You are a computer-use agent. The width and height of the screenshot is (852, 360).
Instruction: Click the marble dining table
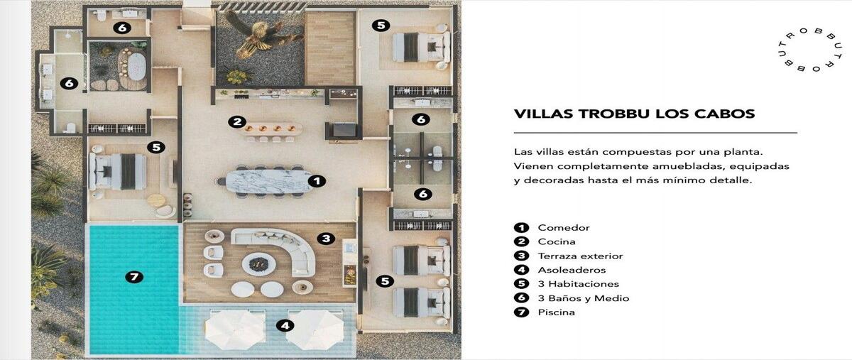[269, 181]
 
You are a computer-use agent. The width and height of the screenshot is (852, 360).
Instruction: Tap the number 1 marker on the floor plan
[317, 181]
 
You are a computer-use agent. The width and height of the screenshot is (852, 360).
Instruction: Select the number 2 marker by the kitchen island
[237, 122]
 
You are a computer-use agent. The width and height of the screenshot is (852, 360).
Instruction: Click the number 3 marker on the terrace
[326, 239]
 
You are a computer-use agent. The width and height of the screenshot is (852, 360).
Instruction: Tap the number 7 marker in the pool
[134, 277]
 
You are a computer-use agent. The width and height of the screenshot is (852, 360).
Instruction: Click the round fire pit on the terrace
[258, 263]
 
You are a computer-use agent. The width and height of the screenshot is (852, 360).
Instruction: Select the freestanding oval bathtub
[137, 66]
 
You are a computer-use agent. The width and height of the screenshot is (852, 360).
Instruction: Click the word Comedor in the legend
[564, 227]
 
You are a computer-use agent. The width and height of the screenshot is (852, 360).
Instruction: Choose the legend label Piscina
[556, 312]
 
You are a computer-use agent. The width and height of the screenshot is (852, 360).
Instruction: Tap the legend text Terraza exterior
[580, 256]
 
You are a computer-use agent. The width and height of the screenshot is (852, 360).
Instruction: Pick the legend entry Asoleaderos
[572, 271]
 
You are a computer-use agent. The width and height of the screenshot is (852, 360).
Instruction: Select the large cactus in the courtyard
[256, 36]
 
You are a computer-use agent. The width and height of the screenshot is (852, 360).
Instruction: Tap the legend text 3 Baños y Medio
[584, 298]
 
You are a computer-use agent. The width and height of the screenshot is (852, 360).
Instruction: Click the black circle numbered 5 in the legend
[521, 284]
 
